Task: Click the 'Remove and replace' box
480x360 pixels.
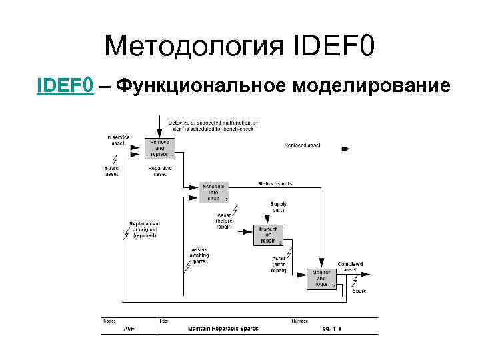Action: tap(160, 149)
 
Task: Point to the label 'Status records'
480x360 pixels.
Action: tap(275, 183)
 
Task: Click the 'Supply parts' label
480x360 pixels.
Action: tap(279, 207)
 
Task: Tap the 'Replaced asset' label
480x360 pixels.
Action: tap(302, 145)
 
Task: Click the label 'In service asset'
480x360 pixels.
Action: tap(117, 140)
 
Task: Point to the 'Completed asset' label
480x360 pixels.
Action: tap(351, 267)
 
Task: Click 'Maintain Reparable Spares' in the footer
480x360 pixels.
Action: tap(223, 329)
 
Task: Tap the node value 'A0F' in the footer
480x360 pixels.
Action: tap(129, 329)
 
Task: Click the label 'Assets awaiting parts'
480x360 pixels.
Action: tap(199, 256)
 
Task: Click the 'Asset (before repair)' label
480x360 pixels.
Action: tap(225, 221)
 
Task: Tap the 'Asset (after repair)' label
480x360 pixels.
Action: tap(279, 263)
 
